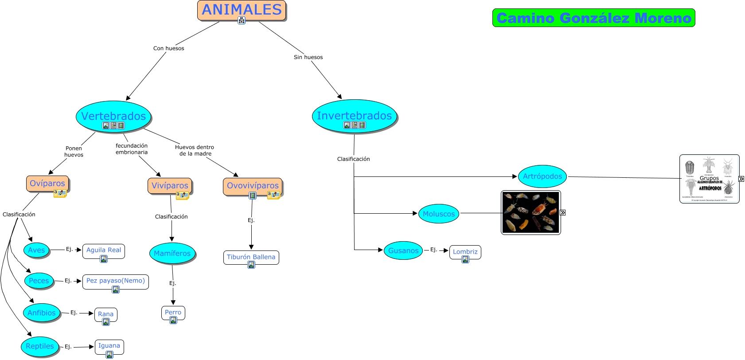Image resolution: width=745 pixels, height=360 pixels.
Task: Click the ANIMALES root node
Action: point(242,10)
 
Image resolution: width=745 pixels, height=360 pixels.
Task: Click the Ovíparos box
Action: point(47,184)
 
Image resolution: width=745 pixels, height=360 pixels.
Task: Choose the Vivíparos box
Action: point(170,186)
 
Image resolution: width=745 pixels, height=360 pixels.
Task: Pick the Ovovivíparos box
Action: point(253,186)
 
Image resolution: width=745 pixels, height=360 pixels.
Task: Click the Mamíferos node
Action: point(172,253)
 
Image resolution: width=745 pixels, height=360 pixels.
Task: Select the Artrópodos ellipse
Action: point(542,176)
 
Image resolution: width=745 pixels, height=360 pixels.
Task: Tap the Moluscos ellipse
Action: point(438,214)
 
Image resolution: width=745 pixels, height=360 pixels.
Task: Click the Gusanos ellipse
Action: point(403,250)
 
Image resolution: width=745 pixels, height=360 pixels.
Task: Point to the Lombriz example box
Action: point(465,252)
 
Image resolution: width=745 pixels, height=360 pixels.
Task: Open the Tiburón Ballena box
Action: point(251,257)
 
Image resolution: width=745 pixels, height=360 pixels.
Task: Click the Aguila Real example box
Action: point(104,250)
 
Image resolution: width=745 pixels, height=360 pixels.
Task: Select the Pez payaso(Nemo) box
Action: point(115,281)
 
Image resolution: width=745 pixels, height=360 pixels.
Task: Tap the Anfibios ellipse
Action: point(42,313)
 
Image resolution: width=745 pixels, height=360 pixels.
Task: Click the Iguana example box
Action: point(109,346)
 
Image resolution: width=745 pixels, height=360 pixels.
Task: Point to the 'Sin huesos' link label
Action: point(308,57)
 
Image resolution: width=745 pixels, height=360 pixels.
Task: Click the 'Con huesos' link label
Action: point(168,48)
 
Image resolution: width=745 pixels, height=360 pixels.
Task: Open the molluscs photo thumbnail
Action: point(530,212)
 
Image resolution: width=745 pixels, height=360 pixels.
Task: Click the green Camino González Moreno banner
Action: point(593,18)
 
